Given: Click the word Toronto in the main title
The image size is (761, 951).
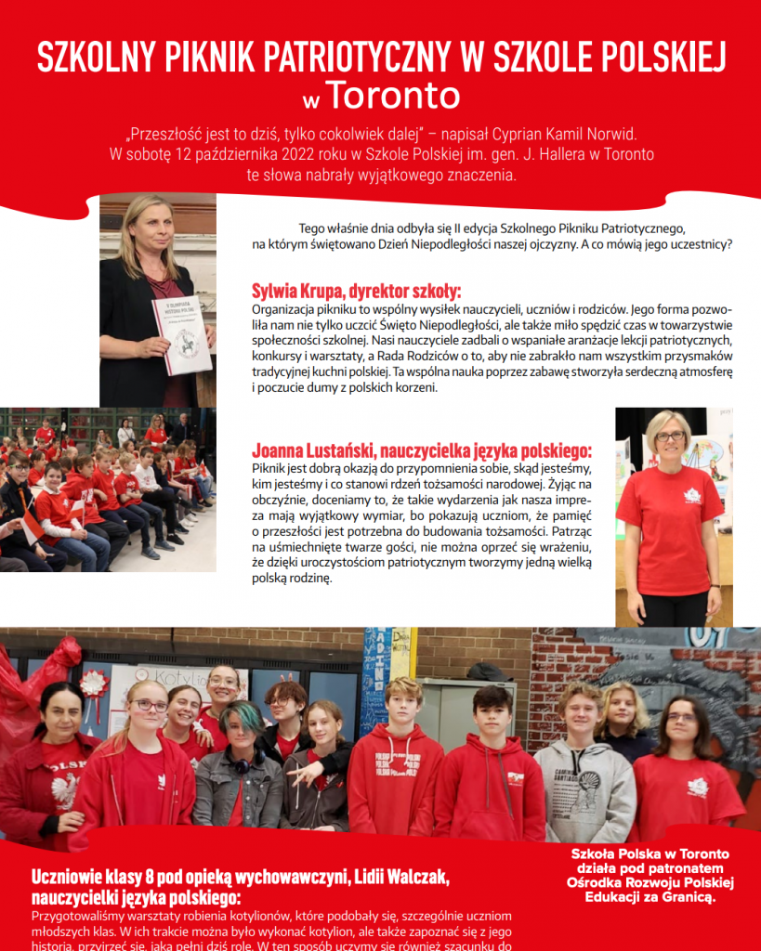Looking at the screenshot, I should coord(394,96).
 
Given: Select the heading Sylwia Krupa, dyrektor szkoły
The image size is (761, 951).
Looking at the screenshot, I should coord(356,290).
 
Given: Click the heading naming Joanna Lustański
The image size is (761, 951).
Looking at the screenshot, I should coord(422,450).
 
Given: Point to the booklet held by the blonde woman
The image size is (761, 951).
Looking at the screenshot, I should coord(181,334).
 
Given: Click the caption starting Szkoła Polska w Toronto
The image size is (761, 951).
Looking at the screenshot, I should coord(649,876).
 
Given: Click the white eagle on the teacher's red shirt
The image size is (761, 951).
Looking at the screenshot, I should coord(64,790).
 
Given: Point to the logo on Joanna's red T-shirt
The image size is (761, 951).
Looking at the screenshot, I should coord(692,495).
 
